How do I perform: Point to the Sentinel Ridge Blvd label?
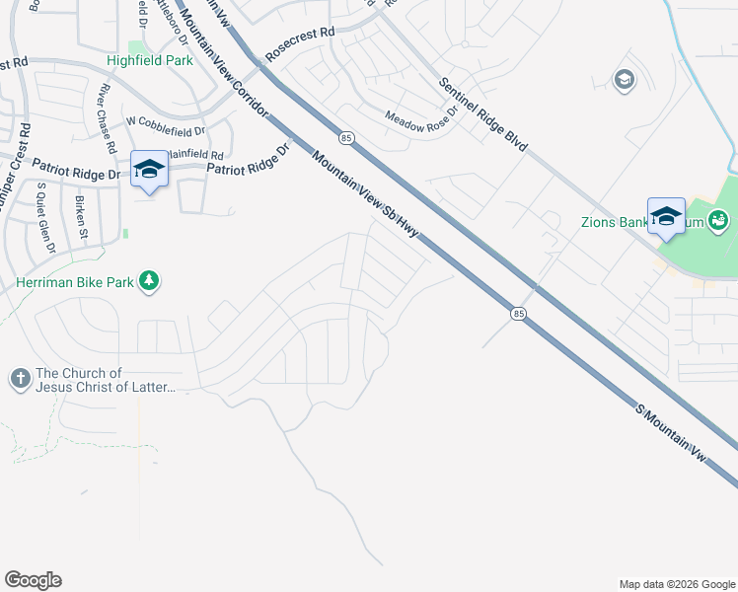click(x=483, y=114)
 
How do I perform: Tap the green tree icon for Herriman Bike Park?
click(x=149, y=282)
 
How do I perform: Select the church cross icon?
click(x=20, y=379)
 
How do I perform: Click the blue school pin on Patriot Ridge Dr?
click(x=149, y=171)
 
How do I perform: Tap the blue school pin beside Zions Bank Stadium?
click(x=666, y=217)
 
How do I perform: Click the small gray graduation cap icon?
click(x=624, y=80)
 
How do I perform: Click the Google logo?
click(x=33, y=580)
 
